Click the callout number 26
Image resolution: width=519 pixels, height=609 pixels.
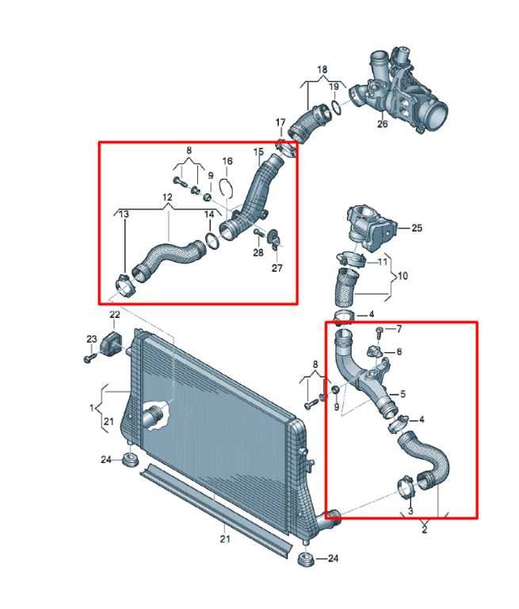383,124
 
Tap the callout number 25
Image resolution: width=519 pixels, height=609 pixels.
417,228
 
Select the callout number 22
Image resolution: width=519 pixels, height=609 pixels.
114,314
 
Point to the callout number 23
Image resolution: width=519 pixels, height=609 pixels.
92,339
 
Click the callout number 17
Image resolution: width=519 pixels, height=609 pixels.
280,123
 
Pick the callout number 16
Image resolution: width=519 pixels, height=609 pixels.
227,161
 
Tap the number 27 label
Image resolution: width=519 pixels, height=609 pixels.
277,267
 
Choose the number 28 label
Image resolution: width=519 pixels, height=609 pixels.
258,252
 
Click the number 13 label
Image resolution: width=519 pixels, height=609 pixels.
124,214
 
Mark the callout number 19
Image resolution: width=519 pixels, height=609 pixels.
334,86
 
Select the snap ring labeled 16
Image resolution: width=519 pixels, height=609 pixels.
226,188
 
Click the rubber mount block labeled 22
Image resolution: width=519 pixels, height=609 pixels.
113,342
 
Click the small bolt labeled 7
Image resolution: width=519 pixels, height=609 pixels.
380,331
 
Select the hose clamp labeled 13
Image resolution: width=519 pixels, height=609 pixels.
125,285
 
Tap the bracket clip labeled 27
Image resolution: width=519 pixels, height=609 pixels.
274,238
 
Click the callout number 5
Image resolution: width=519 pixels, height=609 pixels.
403,394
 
